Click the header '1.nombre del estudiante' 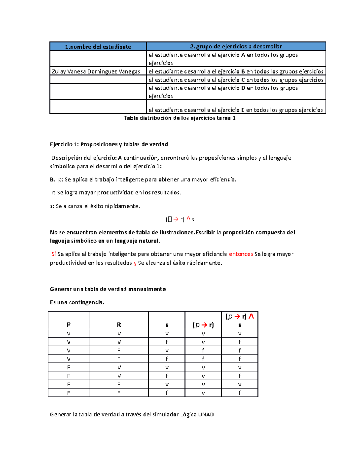98,47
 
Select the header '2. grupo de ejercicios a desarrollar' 236,46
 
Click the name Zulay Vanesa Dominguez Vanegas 96,71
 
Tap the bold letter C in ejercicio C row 243,80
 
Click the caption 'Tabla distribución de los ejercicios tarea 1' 180,118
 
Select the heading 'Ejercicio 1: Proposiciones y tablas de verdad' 109,144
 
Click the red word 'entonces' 241,254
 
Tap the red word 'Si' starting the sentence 54,254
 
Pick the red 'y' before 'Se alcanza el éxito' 135,263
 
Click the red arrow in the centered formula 176,219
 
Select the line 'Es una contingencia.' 77,302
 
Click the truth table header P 69,325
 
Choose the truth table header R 119,325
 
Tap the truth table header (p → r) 203,325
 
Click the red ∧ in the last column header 251,316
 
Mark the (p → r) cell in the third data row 203,350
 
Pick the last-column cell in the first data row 239,334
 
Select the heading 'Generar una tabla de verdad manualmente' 108,289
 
